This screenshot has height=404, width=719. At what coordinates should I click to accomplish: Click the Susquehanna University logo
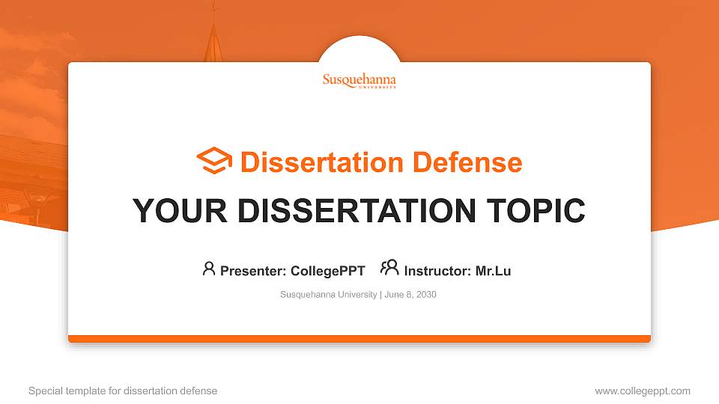tap(359, 81)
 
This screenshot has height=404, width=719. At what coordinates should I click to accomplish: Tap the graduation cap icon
tap(214, 162)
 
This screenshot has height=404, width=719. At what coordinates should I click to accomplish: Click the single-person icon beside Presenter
tap(209, 269)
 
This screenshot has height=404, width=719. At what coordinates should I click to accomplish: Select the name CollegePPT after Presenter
tap(327, 271)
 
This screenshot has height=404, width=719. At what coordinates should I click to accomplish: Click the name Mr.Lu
tap(493, 271)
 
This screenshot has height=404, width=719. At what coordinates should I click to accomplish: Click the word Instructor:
tap(438, 271)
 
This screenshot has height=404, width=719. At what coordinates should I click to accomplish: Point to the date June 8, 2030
tap(410, 295)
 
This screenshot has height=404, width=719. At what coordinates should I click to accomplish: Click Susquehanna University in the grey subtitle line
tap(328, 295)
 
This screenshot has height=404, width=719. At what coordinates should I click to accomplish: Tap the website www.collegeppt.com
tap(643, 391)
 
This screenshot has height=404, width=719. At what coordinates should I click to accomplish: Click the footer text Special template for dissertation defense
tap(123, 391)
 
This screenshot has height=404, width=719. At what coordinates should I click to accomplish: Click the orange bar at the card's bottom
tap(359, 339)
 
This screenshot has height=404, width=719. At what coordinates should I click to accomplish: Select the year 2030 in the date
tap(426, 295)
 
